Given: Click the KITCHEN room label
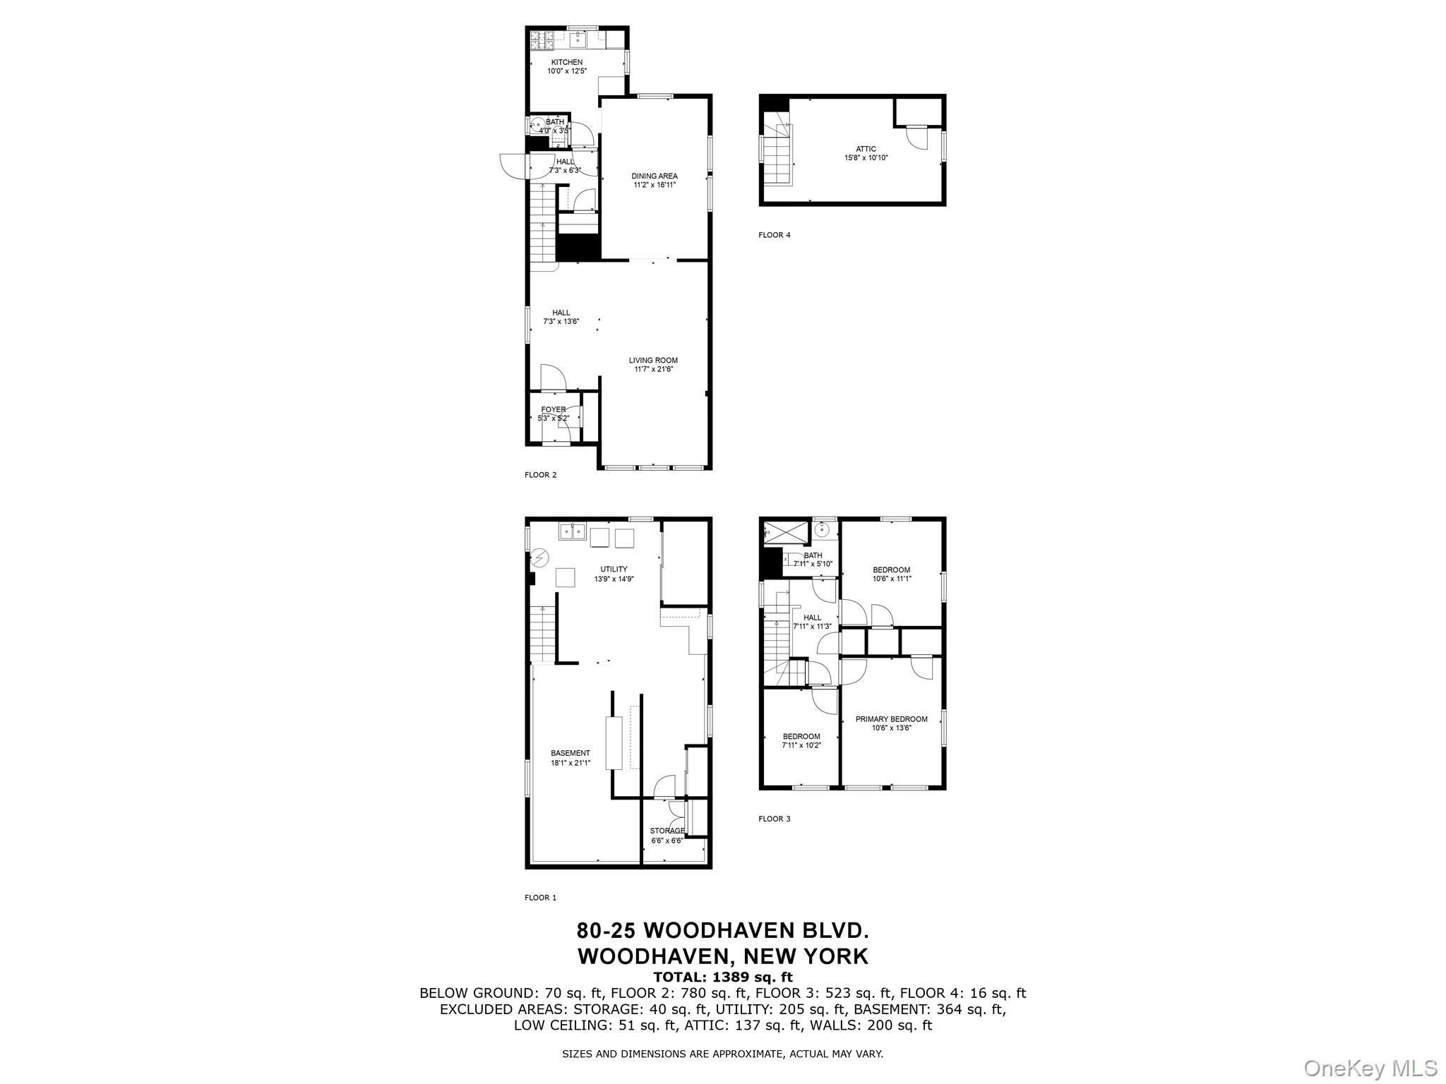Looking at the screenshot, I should (x=567, y=63).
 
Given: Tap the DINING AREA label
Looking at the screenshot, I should (x=655, y=176).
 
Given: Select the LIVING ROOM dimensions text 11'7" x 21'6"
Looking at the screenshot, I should (x=653, y=369).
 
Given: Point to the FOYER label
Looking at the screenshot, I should (x=554, y=410).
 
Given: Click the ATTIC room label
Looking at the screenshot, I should (x=866, y=149).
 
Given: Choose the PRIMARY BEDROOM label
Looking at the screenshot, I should (x=891, y=719).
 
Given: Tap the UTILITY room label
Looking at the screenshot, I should (x=614, y=570).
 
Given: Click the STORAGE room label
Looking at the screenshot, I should (x=667, y=831).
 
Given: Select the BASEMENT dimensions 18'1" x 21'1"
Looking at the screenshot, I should (x=570, y=762).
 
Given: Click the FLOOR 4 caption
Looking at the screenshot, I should (x=775, y=235).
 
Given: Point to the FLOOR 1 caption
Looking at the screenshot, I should (x=540, y=898).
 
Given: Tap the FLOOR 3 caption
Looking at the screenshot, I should (x=775, y=819).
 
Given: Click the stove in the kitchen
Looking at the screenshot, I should (x=542, y=40).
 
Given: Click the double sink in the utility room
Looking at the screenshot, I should (x=573, y=531).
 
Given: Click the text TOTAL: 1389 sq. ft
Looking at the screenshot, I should (x=722, y=977).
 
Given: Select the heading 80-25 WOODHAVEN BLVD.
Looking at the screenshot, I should (x=722, y=930).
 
